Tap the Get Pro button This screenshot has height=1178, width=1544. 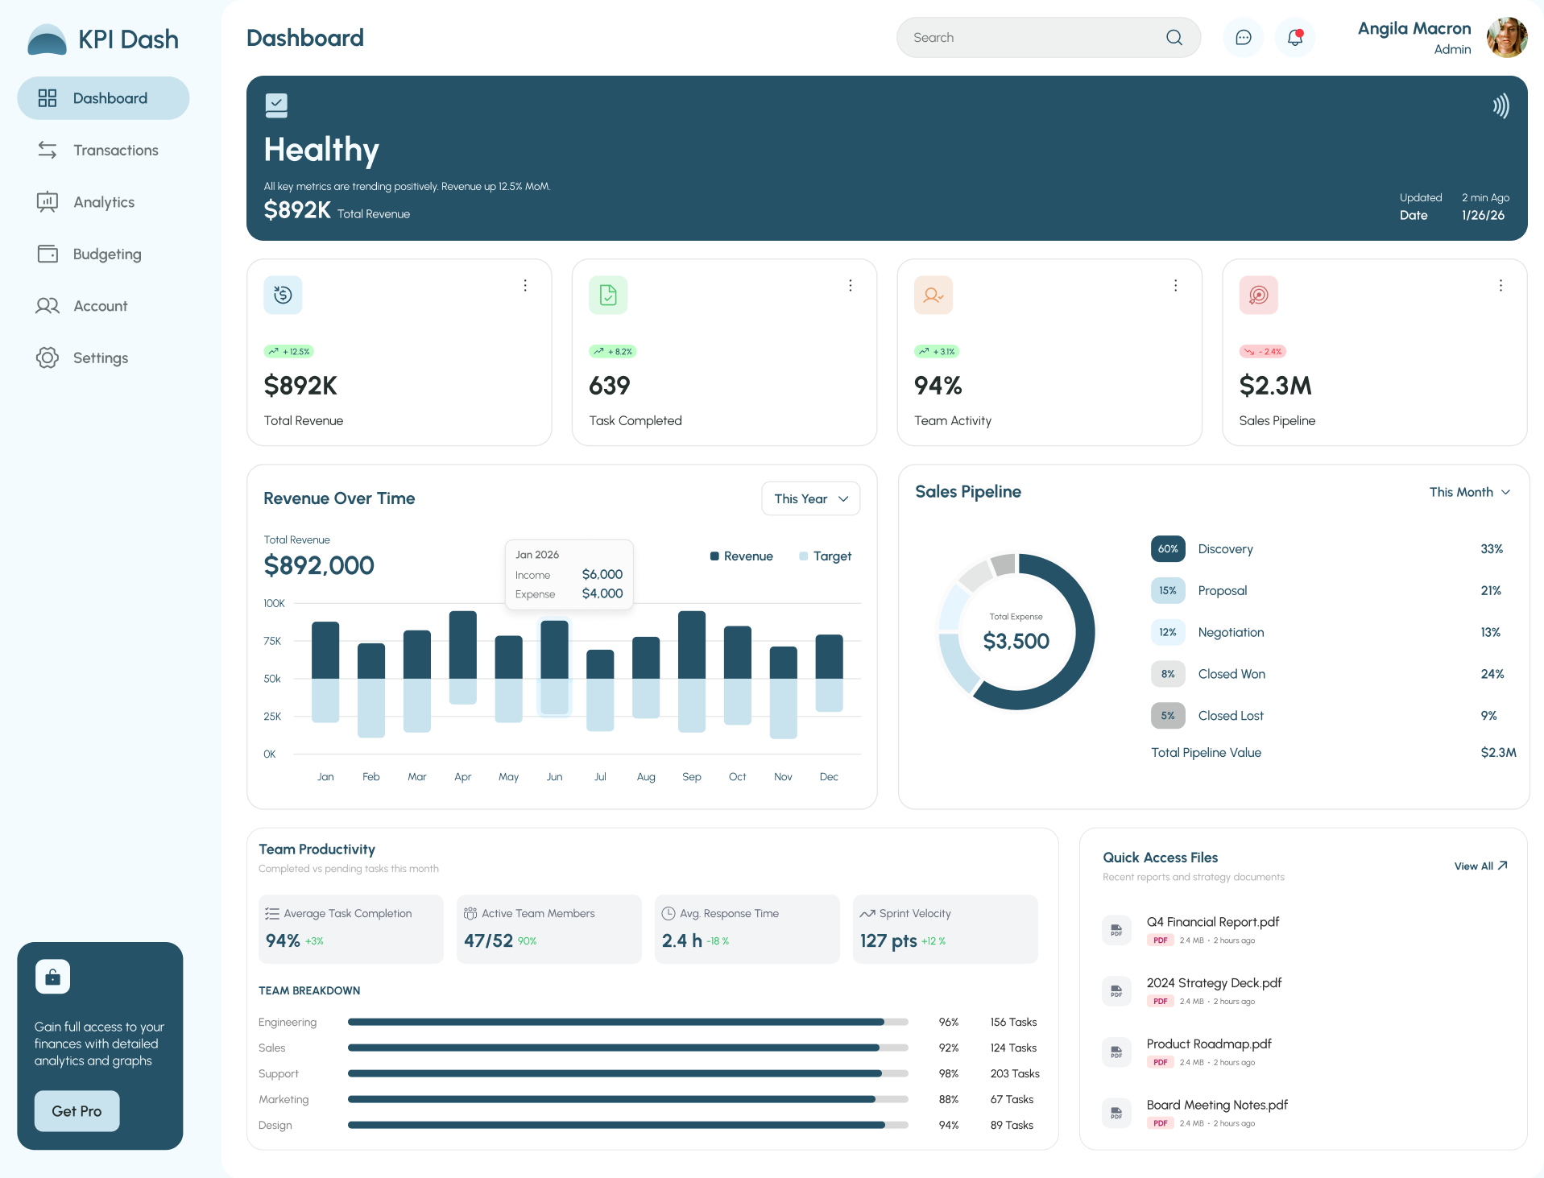coord(77,1111)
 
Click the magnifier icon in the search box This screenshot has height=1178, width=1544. coord(1174,38)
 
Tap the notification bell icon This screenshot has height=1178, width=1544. coord(1294,38)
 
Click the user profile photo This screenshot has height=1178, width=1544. coord(1506,38)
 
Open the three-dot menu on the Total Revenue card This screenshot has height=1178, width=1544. coord(525,286)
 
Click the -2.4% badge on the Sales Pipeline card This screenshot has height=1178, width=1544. coord(1263,352)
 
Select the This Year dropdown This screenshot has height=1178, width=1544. coord(810,499)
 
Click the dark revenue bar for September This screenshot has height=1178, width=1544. coord(691,644)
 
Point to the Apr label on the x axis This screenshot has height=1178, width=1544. coord(462,777)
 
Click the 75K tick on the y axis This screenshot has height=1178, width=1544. coord(272,641)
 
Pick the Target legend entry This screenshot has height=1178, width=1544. coord(825,556)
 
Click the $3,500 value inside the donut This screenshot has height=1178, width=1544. coord(1016,641)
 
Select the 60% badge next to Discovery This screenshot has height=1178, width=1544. coord(1167,549)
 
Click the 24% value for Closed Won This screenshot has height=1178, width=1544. coord(1492,674)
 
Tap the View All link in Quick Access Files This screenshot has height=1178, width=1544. coord(1480,866)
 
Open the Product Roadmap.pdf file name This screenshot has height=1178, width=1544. coord(1208,1044)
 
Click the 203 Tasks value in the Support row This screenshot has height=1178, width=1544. coord(1014,1074)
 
